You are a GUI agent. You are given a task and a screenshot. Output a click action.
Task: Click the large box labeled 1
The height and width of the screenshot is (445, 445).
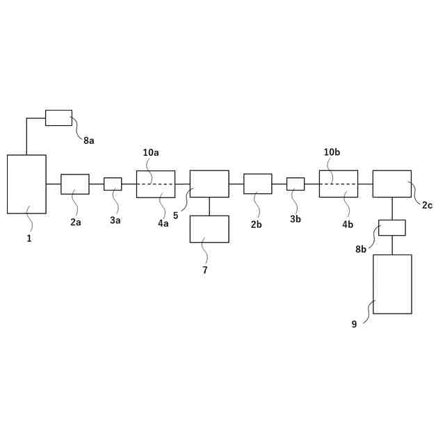point(26,184)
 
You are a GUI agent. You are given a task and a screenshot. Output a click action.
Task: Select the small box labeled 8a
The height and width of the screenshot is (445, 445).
point(58,118)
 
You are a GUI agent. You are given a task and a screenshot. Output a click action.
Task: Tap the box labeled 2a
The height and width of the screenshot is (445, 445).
point(75,184)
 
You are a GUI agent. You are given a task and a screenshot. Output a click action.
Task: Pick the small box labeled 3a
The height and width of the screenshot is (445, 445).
point(113,184)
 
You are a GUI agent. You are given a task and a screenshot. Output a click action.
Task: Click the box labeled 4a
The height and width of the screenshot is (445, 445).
point(156,184)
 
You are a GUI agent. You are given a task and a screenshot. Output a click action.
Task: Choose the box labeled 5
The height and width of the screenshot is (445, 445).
point(209,184)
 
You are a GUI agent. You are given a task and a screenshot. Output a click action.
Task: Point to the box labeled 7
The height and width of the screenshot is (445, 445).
point(209,229)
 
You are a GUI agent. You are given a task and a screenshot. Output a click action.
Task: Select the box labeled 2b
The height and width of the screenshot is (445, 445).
point(258,184)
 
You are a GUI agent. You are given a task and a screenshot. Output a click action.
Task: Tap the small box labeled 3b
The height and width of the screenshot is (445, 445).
point(296,184)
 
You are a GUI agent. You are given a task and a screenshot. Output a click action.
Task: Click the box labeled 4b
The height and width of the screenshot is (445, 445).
point(339,184)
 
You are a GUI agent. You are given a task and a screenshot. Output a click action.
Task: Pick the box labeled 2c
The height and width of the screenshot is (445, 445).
point(391,184)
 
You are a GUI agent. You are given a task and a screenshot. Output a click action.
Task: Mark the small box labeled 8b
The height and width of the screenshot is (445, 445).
point(392,227)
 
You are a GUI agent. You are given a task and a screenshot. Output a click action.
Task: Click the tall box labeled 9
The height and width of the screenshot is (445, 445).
point(392,284)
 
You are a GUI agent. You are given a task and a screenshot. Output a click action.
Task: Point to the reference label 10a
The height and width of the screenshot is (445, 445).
point(151,152)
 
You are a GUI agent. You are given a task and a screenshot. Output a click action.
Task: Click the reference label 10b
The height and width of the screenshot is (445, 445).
point(332,152)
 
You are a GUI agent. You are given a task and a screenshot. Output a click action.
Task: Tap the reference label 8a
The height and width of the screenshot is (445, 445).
point(89,140)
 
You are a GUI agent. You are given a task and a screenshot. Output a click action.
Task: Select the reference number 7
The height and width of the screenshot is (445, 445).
point(205,270)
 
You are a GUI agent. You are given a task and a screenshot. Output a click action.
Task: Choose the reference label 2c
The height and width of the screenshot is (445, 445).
point(427,205)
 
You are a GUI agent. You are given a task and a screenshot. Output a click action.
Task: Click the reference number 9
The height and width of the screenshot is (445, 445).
point(354,324)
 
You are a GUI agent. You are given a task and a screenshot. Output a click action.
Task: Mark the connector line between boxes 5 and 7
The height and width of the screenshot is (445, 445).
point(209,207)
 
